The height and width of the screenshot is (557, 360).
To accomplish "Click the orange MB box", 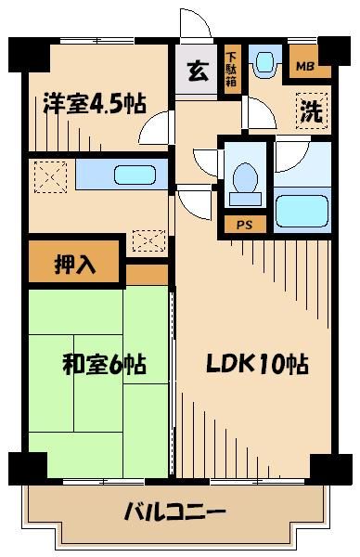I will (x=302, y=66).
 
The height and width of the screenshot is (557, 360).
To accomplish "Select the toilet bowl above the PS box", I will (x=245, y=181).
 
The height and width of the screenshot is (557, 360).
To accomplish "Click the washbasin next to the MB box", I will (x=264, y=63).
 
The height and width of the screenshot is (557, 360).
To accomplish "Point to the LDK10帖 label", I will (x=256, y=364).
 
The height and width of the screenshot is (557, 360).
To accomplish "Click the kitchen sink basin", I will (x=125, y=174).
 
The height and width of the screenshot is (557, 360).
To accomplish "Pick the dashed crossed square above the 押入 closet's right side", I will (x=148, y=240).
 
